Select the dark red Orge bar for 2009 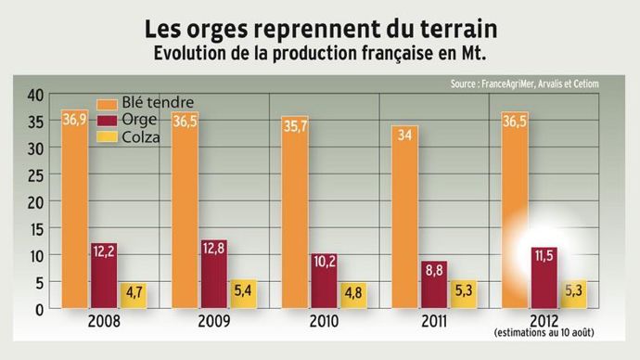(214, 274)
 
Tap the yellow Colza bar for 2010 (353, 295)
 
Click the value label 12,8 (214, 248)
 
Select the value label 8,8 (433, 270)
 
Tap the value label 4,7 (134, 291)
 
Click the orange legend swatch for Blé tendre (108, 102)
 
